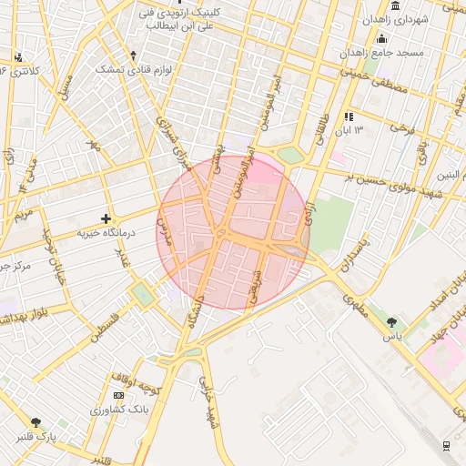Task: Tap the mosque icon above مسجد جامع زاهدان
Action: tap(382, 38)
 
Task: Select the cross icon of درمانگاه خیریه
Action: tap(106, 218)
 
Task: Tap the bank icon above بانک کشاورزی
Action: tap(119, 395)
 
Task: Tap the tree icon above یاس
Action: tap(392, 321)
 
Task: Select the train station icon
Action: tap(446, 444)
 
